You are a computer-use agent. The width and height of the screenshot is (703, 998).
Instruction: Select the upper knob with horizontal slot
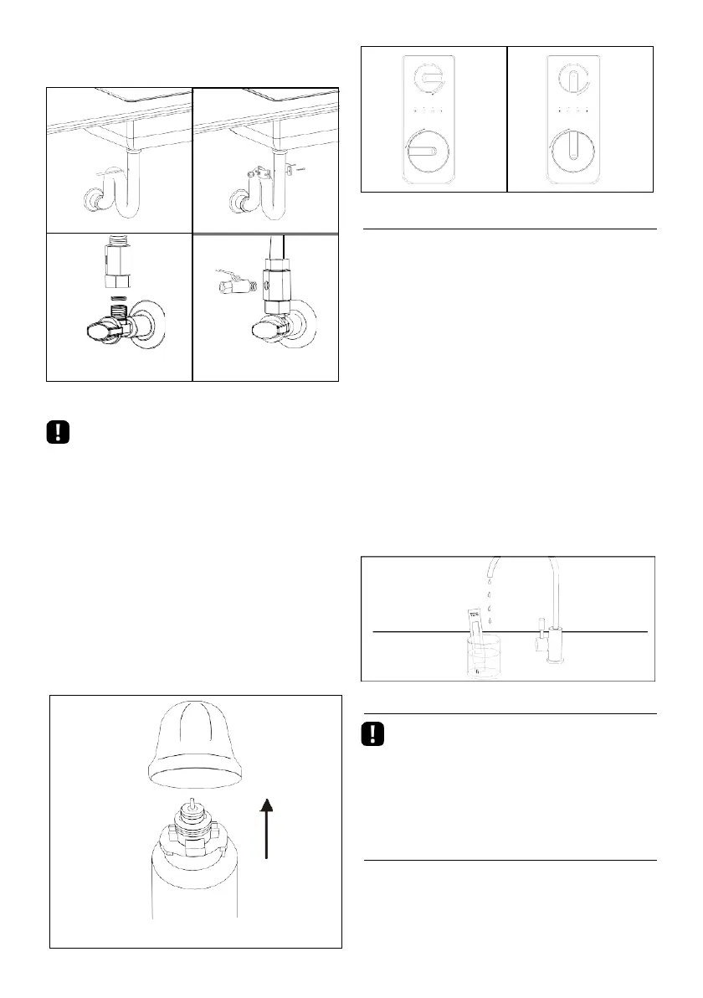428,77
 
